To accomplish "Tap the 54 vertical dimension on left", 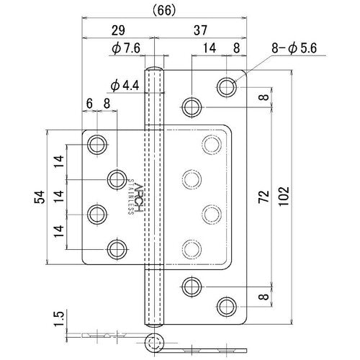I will [x=42, y=197].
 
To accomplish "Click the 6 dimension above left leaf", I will [x=89, y=104].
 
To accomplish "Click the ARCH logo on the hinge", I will [x=140, y=194].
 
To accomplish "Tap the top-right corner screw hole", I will [x=227, y=88].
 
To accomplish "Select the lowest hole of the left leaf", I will [x=116, y=249].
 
